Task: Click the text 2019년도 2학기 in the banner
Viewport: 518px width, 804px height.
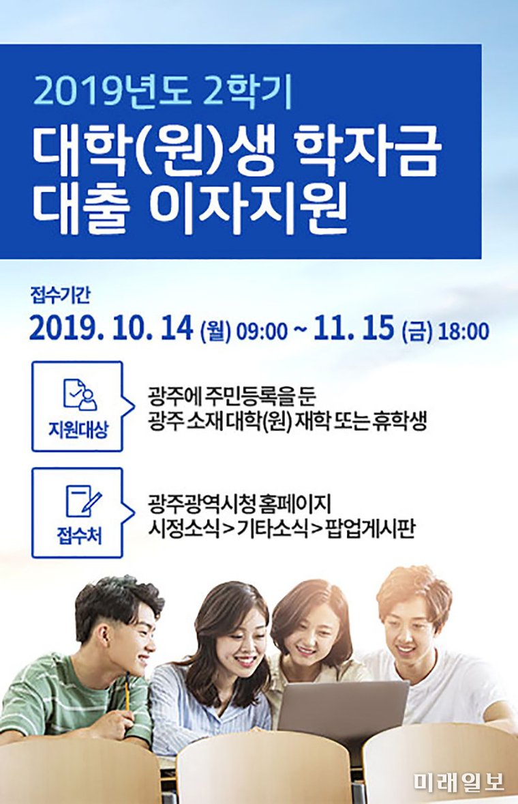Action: [x=162, y=92]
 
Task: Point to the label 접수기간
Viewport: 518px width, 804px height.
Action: [x=61, y=296]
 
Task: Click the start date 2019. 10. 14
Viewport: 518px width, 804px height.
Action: [x=111, y=329]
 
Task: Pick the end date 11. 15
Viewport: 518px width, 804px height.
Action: [x=354, y=329]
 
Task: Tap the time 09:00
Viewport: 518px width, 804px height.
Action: [x=262, y=332]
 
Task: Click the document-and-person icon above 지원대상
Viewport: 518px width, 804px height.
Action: [x=79, y=394]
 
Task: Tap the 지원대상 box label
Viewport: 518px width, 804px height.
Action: [x=78, y=429]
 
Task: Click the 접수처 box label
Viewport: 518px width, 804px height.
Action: [x=79, y=536]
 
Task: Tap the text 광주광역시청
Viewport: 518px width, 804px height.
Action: [x=201, y=502]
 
